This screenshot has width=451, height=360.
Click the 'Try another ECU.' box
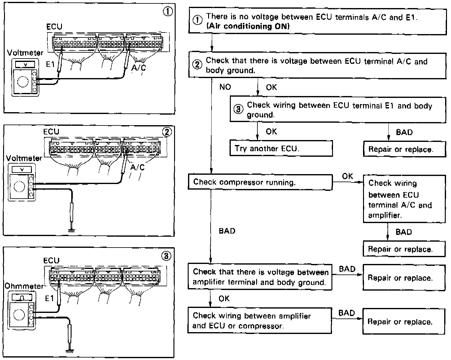click(281, 148)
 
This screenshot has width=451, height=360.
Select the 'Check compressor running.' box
click(260, 182)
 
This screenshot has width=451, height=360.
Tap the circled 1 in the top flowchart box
click(197, 20)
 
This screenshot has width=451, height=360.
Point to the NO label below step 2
click(225, 87)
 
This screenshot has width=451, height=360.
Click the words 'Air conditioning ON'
click(248, 26)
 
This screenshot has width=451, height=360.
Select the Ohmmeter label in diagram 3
click(24, 286)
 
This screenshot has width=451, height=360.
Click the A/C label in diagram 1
click(138, 67)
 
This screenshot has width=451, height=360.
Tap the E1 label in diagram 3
click(50, 298)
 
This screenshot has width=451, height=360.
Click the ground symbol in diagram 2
click(72, 230)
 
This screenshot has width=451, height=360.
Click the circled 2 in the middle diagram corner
click(167, 132)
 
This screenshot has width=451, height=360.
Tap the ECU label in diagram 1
click(54, 27)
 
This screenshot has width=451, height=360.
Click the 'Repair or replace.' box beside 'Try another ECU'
click(401, 149)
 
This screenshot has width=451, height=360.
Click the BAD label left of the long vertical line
click(227, 231)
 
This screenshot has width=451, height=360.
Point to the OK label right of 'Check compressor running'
click(348, 176)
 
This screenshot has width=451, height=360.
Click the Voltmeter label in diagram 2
click(24, 158)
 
